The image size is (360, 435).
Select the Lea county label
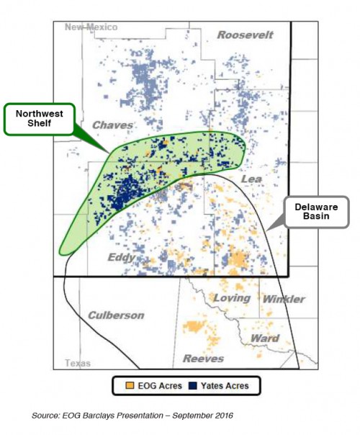pyautogui.click(x=251, y=178)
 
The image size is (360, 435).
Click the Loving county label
pyautogui.click(x=232, y=297)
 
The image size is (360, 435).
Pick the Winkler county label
pyautogui.click(x=284, y=299)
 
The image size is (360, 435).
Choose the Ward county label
pyautogui.click(x=264, y=338)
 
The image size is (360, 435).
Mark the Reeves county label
pyautogui.click(x=203, y=358)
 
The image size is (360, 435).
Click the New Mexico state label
pyautogui.click(x=90, y=27)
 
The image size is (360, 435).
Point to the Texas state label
pyautogui.click(x=78, y=364)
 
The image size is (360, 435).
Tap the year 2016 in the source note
pyautogui.click(x=222, y=416)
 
